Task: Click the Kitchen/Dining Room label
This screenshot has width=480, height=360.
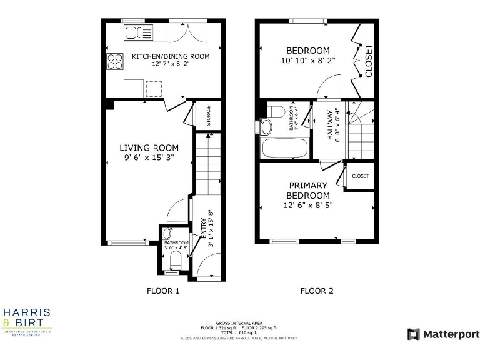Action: point(171,56)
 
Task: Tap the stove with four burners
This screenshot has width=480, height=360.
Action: point(116,61)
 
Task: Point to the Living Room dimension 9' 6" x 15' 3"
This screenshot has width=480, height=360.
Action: point(149,158)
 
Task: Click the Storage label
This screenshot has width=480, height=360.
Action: point(209,116)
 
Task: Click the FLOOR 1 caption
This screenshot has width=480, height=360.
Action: point(163,291)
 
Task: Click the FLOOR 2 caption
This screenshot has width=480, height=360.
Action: point(317,291)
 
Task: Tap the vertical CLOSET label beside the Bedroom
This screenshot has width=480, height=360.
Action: point(369,61)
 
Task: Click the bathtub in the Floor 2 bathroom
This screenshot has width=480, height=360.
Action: point(285,149)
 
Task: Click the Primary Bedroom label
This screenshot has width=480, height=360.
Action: point(307,191)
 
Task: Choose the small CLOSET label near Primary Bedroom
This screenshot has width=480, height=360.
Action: point(361,176)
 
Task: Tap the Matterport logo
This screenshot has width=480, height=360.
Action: point(443,334)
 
